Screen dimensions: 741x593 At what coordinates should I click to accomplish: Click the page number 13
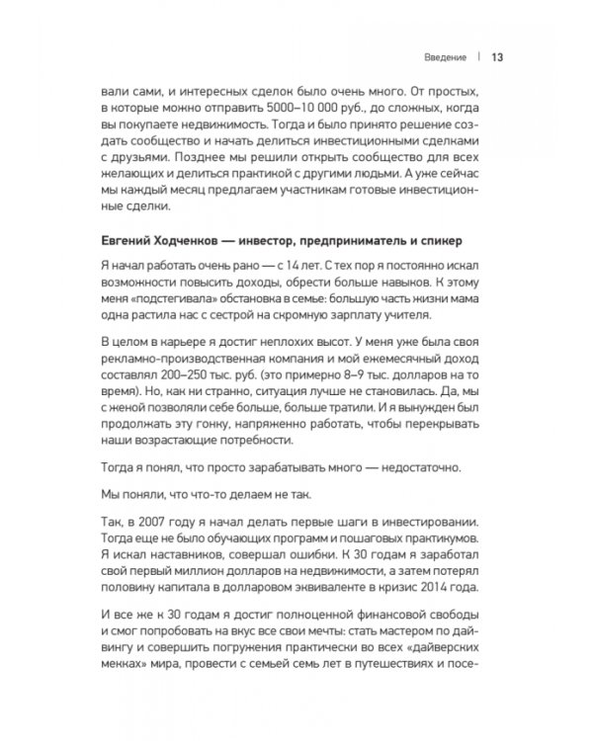[498, 56]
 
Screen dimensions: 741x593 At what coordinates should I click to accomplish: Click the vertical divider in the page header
[477, 56]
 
